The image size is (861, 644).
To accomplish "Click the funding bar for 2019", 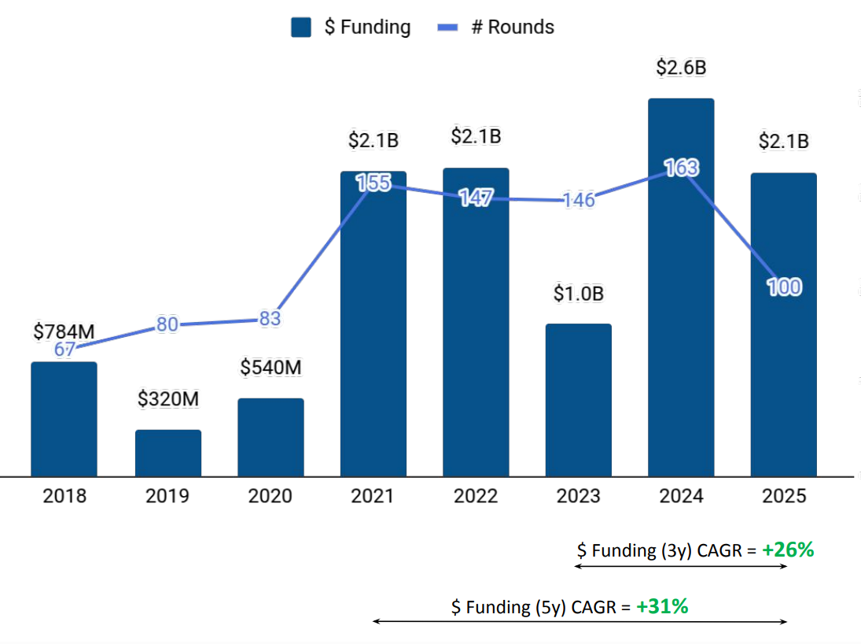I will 168,453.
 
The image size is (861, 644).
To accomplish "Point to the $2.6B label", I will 681,68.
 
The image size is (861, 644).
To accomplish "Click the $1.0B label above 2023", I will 578,294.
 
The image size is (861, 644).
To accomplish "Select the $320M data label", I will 168,399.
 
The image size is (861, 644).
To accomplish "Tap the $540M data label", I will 271,368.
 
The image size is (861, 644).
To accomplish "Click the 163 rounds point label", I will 681,168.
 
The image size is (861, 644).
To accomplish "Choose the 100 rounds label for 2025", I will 784,287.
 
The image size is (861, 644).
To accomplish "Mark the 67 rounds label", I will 64,350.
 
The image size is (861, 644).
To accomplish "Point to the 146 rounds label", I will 578,200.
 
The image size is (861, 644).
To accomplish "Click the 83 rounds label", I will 270,320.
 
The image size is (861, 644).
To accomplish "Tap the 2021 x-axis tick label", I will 373,496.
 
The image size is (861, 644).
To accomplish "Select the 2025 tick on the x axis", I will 784,496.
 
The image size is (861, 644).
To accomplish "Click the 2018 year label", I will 64,496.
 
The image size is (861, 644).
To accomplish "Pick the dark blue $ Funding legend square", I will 302,28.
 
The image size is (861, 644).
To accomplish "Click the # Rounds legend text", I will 513,27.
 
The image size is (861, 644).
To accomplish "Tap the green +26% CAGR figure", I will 788,550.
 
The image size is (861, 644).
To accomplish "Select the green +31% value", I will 663,606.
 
